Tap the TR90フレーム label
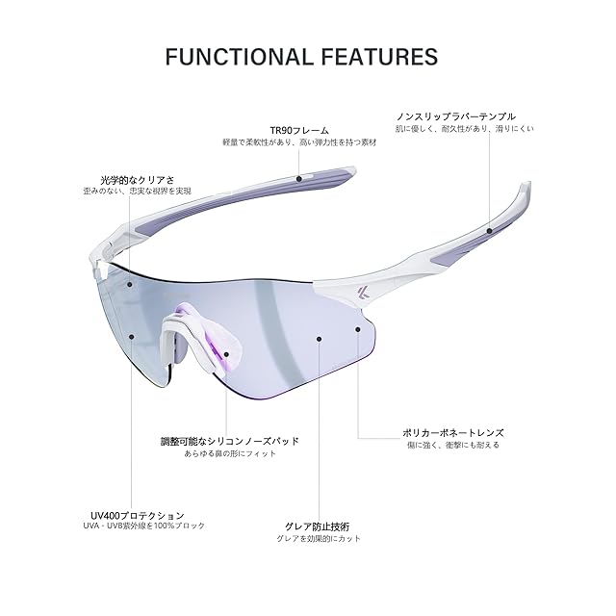point(299,129)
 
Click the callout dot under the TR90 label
point(299,177)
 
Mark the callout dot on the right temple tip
point(490,231)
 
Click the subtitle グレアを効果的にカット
point(316,539)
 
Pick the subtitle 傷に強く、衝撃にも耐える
point(451,445)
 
